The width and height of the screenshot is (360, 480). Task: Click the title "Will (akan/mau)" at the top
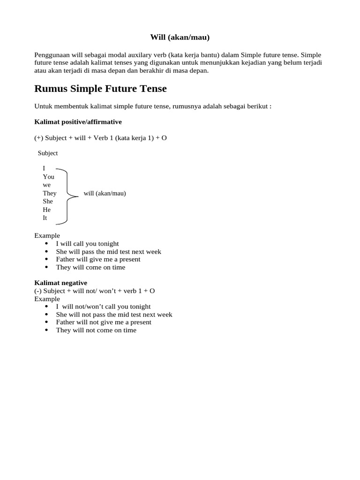[180, 37]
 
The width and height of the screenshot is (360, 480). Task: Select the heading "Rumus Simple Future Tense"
[101, 88]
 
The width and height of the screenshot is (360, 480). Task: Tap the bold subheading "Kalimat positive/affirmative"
[78, 122]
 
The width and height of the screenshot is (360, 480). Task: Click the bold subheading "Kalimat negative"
[61, 283]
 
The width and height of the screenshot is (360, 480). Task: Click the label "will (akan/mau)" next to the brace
[105, 193]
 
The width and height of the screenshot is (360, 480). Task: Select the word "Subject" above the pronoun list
[48, 153]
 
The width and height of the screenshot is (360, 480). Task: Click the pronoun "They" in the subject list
[50, 193]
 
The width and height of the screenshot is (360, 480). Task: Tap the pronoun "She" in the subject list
[48, 201]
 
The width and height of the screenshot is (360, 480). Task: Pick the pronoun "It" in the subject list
[45, 218]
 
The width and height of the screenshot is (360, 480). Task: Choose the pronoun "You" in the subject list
[49, 177]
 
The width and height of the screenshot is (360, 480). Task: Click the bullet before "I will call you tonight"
[46, 244]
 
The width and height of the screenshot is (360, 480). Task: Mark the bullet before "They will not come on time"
[46, 330]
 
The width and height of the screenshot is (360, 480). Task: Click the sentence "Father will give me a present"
[98, 259]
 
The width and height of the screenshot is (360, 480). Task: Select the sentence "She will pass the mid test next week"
[108, 251]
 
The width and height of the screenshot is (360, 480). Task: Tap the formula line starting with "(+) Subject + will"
[100, 138]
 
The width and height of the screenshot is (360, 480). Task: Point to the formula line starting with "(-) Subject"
[95, 291]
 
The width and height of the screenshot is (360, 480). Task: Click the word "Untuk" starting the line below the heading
[43, 106]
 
